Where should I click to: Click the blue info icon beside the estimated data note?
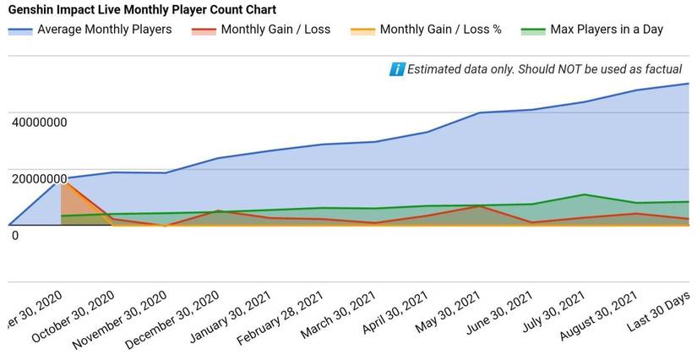[x=396, y=69]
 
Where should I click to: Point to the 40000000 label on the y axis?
[x=39, y=123]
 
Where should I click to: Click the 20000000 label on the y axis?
[x=39, y=179]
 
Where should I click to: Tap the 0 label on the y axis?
[x=15, y=235]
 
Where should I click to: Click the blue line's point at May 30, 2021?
[x=479, y=112]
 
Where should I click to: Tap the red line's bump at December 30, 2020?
[x=217, y=210]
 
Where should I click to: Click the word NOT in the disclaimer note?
[x=558, y=69]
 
